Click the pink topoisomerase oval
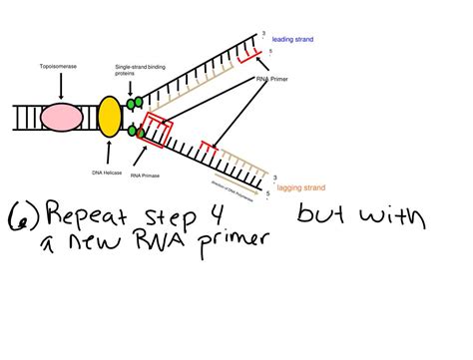pyautogui.click(x=62, y=118)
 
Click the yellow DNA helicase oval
pyautogui.click(x=110, y=118)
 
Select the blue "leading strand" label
pyautogui.click(x=293, y=39)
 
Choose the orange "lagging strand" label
pyautogui.click(x=302, y=185)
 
